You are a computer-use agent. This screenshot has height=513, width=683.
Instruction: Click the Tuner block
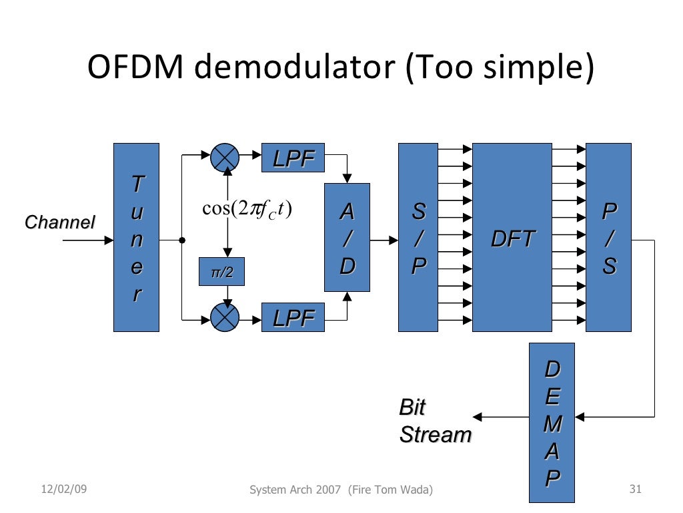coord(136,237)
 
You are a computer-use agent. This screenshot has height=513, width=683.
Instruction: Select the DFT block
coord(512,237)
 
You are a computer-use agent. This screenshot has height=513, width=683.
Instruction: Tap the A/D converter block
coord(347,237)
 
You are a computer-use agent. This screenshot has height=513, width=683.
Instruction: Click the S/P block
coord(418,237)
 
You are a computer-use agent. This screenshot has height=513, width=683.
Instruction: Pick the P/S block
coord(608,237)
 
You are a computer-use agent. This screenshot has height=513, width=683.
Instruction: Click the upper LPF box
coord(293,158)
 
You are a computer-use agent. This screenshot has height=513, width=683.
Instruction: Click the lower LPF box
coord(293,317)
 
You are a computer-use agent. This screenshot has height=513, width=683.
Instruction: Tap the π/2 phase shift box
coord(222,272)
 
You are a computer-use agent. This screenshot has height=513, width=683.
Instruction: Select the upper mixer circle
coord(225,158)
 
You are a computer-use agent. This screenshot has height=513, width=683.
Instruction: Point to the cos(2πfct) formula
coord(247,209)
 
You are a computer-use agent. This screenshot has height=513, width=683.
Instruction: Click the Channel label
coord(59,222)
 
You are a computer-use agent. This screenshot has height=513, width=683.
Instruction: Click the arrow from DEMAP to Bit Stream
coord(504,417)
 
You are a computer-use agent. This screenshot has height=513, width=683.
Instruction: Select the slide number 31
coord(635,490)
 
